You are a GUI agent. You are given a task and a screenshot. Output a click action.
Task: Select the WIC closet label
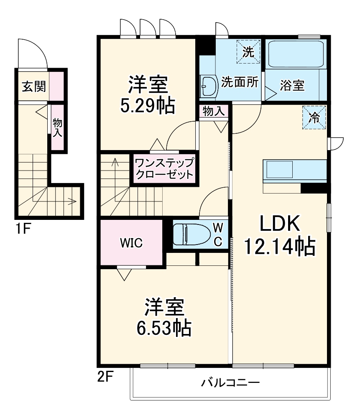point(131,242)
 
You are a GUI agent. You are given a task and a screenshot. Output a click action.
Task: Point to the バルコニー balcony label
point(230,382)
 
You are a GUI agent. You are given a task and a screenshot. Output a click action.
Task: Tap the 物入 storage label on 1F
point(57,127)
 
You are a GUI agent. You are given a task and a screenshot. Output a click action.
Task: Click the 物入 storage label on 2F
point(213,111)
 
